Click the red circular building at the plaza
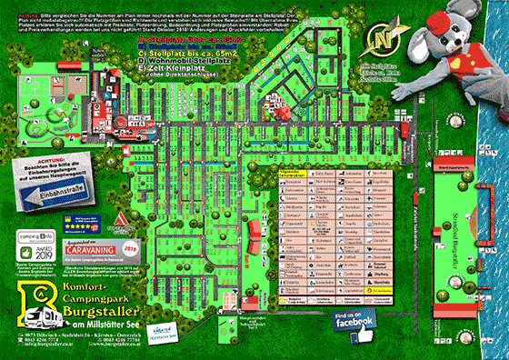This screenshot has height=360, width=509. click(x=284, y=114)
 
